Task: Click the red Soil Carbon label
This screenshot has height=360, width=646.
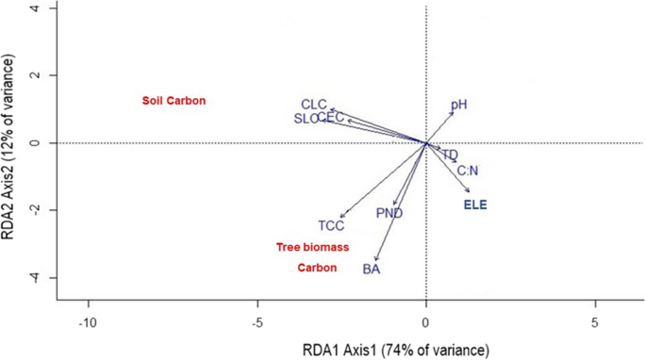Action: coord(174,101)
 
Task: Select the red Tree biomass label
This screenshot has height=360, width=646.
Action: coord(312,247)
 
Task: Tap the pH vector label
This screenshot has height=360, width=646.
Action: coord(458,106)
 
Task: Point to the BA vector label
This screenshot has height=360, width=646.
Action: coord(372,270)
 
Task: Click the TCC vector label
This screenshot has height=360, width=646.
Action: coord(331,225)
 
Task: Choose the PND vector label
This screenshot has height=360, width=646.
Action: coord(389,213)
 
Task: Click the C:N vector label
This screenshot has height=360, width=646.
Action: coord(468,171)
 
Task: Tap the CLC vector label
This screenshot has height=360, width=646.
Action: coord(314,104)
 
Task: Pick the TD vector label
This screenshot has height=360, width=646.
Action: coord(450,155)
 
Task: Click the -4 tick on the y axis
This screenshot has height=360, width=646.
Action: coord(42,278)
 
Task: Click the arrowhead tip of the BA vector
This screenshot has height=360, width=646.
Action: coord(376,261)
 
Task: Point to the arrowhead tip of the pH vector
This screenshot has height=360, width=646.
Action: coord(453,111)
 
